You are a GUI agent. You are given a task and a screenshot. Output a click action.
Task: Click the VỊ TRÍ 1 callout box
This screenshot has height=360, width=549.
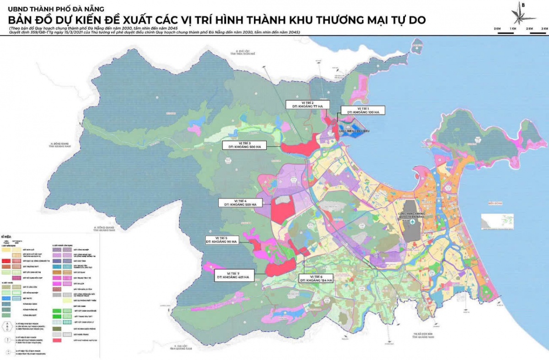click(362, 110)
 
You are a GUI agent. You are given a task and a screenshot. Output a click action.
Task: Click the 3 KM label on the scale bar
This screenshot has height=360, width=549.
click(544, 29)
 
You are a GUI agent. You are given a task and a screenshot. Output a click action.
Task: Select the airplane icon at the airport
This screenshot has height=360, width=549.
click(413, 222)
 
